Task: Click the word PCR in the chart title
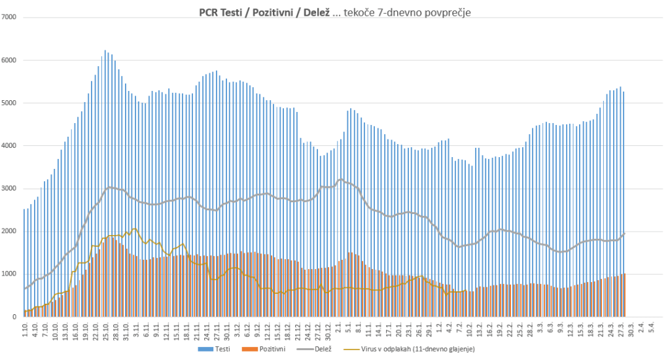[x=209, y=12]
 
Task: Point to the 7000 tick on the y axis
[x=11, y=17]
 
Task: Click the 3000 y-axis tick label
[x=11, y=189]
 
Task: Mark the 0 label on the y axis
[x=15, y=317]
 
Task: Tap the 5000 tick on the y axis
[x=11, y=103]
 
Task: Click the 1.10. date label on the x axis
[x=25, y=329]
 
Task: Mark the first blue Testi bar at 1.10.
[x=24, y=262]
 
